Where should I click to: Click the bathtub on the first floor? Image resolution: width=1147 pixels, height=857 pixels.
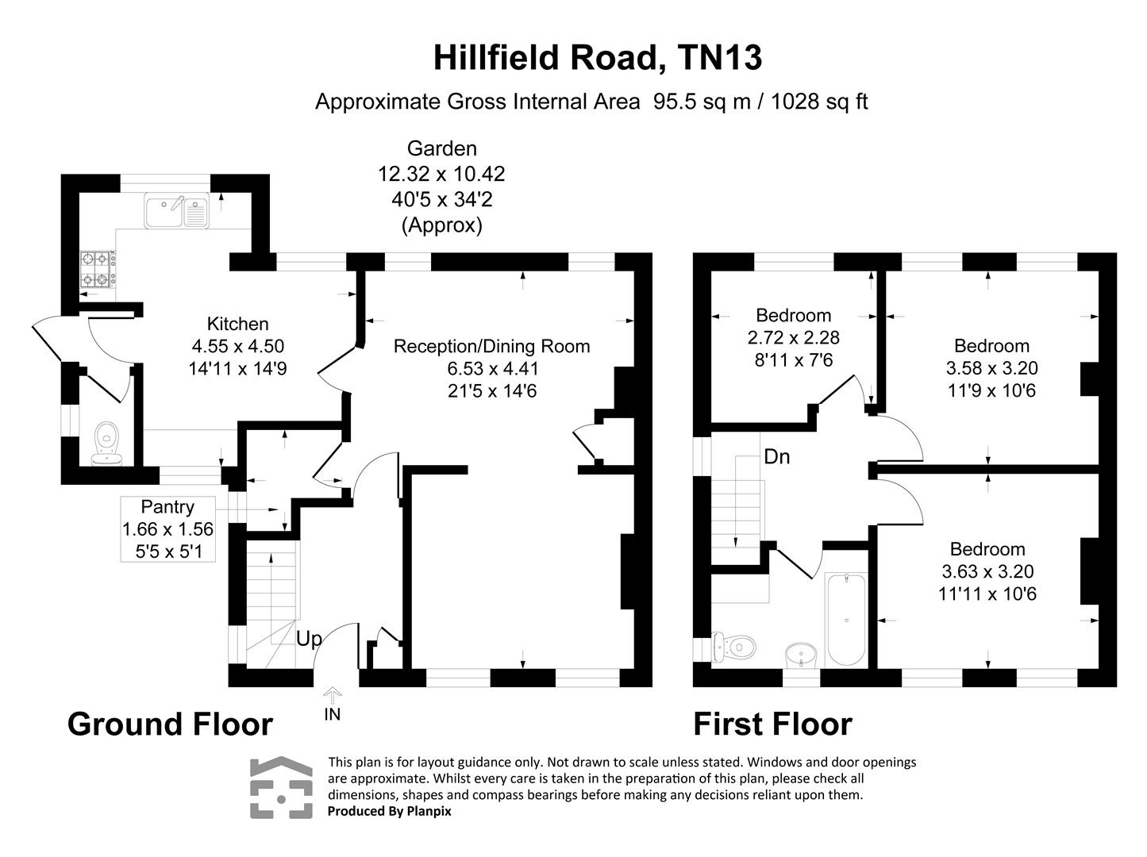(x=846, y=619)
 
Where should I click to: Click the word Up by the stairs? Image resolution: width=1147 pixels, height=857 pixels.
(x=310, y=639)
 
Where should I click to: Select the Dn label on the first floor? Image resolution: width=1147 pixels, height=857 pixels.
(x=776, y=457)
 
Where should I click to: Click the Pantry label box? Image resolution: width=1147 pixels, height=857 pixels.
(x=167, y=529)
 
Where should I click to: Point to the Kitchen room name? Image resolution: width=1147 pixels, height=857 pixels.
(x=237, y=324)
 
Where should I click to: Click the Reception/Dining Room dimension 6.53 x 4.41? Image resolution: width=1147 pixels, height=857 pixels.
(x=491, y=368)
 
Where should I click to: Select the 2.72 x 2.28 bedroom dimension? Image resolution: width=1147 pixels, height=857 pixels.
(x=793, y=337)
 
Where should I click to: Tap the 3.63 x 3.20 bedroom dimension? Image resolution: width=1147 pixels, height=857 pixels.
(x=987, y=571)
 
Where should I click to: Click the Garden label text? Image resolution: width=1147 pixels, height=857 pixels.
(x=441, y=148)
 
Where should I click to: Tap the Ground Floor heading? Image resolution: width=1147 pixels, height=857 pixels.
(x=170, y=724)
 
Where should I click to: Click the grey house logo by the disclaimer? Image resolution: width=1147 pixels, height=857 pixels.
(x=281, y=787)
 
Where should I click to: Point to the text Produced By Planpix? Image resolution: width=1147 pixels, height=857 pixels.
(x=389, y=811)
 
